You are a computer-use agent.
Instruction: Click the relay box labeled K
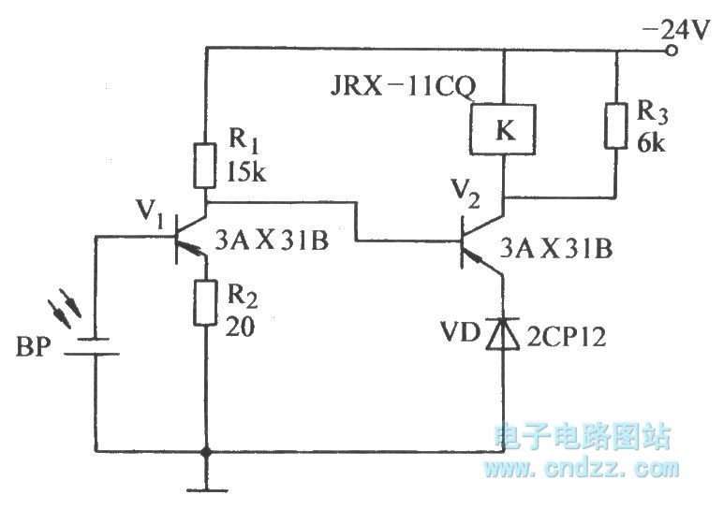point(505,130)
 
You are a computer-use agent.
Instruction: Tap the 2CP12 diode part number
point(566,334)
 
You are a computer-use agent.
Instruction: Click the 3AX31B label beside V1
point(272,241)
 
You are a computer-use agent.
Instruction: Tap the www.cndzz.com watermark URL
point(584,465)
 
